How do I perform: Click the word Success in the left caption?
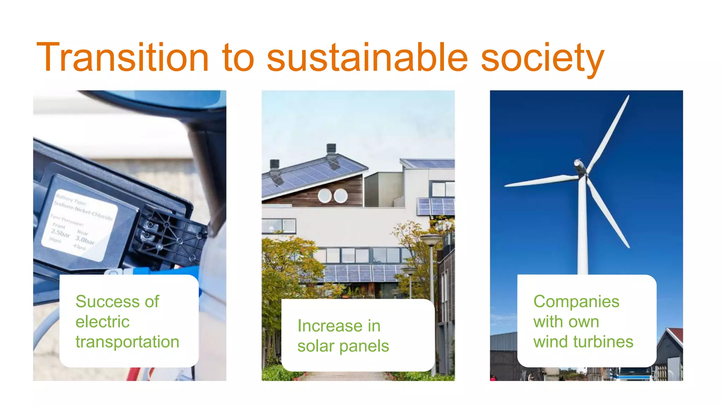coord(105,302)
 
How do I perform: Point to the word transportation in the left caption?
coord(127,342)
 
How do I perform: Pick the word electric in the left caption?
coord(103,322)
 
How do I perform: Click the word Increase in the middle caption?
coord(329,326)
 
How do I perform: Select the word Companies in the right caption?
coord(576,302)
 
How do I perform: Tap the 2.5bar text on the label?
coord(61,233)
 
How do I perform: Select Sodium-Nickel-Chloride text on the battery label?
coord(83,210)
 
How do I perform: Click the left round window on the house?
coord(325,196)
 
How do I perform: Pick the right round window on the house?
coord(341,196)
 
